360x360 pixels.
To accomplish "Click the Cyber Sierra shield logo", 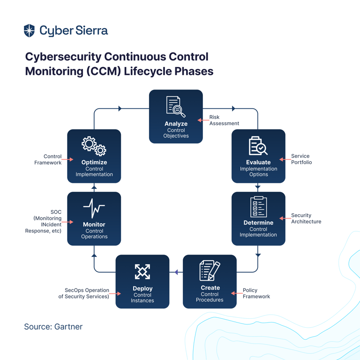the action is (x=29, y=30).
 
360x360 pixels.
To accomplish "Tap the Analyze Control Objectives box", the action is (x=176, y=116).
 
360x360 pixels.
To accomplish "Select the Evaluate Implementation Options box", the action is (x=258, y=156).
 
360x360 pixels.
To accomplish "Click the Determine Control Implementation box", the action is (x=258, y=218).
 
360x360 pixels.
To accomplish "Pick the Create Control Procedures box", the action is (x=210, y=281).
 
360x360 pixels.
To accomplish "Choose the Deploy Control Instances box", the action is (x=142, y=281).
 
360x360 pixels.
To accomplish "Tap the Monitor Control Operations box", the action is (x=94, y=218).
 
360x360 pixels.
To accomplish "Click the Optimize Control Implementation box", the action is (x=94, y=156).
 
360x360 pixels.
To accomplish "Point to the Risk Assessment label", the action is (x=224, y=120).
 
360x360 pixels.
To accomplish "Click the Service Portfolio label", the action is (x=301, y=159).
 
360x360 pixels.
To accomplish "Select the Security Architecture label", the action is (x=306, y=218).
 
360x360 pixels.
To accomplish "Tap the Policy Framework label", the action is (x=256, y=293).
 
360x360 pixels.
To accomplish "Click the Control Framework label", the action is (x=48, y=159).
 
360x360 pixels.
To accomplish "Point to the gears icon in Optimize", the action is (x=94, y=146).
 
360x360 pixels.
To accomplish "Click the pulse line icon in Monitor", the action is (x=94, y=208).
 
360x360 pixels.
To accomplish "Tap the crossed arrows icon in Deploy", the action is (x=142, y=271).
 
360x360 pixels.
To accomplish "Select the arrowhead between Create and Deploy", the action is (x=176, y=272).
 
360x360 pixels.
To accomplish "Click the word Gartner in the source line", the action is (x=68, y=327).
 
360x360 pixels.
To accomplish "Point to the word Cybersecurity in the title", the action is (x=63, y=57).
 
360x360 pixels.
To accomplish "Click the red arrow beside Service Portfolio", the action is (x=285, y=159).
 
